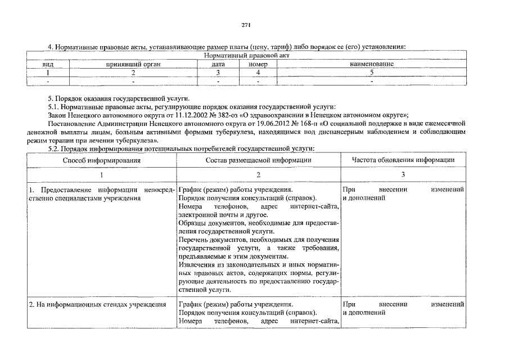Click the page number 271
tap(246, 25)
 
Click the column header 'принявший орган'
tap(133, 65)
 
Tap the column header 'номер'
tap(258, 65)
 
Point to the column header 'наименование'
tap(372, 65)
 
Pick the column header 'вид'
tap(48, 65)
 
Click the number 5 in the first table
tap(372, 73)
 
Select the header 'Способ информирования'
tap(102, 160)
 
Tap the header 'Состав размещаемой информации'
tap(258, 160)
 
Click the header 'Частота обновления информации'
tap(403, 160)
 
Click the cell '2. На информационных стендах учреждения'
tap(97, 304)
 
